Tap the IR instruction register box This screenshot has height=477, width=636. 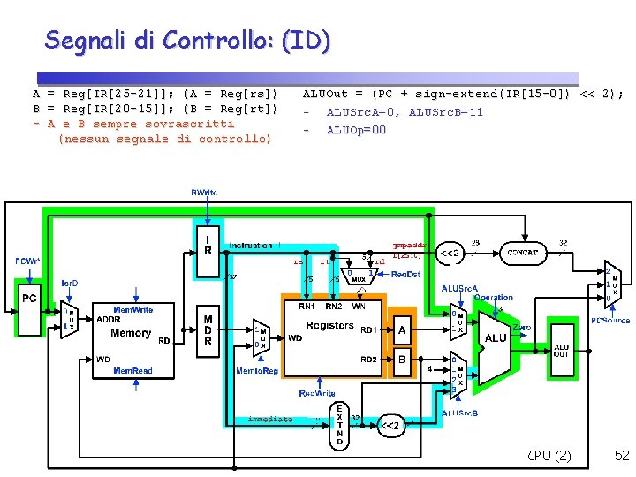point(208,245)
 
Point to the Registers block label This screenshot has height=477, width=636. point(330,325)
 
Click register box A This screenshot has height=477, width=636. point(401,330)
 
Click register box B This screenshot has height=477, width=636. point(401,360)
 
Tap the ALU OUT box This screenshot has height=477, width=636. point(562,352)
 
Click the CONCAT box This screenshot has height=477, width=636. point(523,252)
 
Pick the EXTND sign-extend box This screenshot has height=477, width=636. point(340,424)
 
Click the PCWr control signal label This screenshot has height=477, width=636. point(26,261)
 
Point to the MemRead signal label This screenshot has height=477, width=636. point(132,371)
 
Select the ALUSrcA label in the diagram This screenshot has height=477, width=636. point(459,288)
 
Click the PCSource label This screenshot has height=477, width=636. point(610,321)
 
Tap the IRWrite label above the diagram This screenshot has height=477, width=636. point(205,192)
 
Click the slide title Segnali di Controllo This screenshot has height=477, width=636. point(187,40)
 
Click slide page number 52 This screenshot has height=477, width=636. point(622,455)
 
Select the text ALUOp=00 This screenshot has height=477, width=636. point(356,130)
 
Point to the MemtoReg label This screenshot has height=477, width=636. point(257,371)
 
